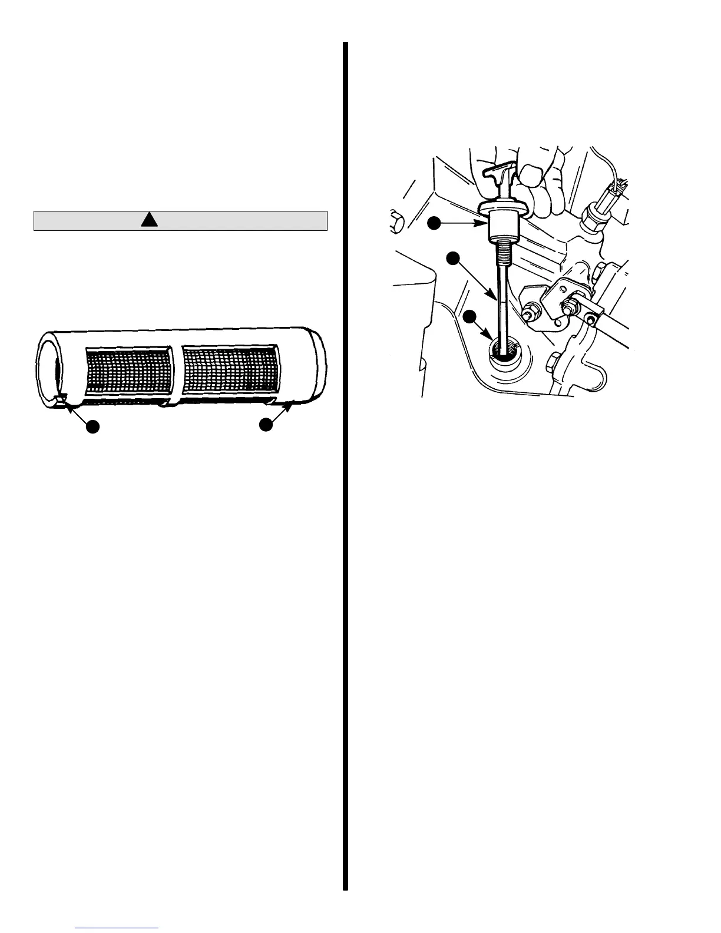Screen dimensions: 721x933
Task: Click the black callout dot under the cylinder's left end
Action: [x=92, y=426]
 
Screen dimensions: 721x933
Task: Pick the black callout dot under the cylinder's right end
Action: [x=266, y=424]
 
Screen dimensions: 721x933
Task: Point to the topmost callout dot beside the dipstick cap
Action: [x=434, y=223]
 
